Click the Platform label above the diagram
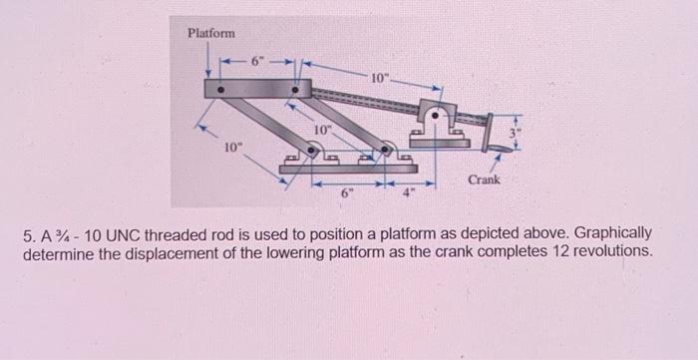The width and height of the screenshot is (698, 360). pos(211,34)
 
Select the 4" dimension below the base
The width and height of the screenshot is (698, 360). pos(408,193)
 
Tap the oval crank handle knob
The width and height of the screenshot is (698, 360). pos(496,148)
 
